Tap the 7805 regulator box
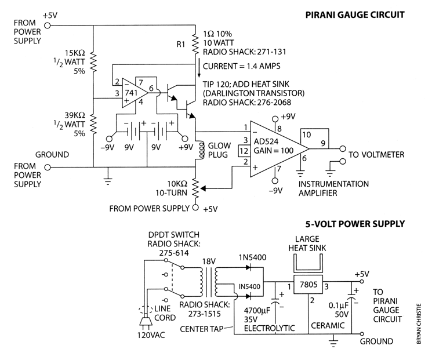coord(308,284)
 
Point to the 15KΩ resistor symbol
coord(94,62)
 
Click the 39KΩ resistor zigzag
coord(94,125)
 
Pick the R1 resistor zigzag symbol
coord(195,44)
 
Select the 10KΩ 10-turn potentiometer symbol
coord(195,188)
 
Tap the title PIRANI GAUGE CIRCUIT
coord(355,14)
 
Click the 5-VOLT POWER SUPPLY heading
coord(355,224)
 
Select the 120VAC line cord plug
coord(146,322)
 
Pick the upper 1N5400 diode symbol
coord(249,267)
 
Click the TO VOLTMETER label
coord(376,155)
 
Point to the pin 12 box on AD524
coord(244,151)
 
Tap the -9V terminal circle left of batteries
coord(110,139)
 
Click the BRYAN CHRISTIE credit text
coord(419,324)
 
